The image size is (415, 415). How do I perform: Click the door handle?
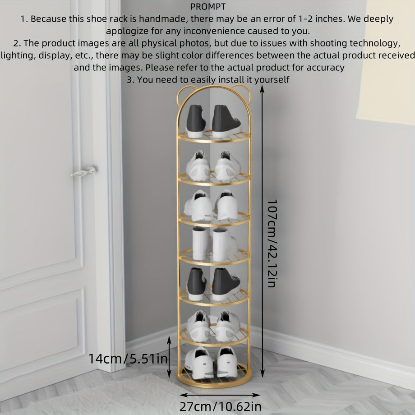point(83,172)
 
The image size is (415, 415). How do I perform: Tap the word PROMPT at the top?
point(208,7)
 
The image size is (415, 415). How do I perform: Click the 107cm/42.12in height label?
point(272,244)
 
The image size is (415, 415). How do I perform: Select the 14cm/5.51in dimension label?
point(128,359)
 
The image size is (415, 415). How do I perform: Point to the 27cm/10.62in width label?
point(221,406)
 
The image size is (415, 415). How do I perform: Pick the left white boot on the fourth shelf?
point(200,244)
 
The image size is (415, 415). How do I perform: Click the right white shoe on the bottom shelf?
point(227,362)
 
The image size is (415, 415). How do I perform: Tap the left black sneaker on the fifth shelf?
point(197,284)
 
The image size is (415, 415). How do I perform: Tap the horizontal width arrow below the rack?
point(220,395)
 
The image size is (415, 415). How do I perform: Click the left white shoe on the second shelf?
point(198,166)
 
